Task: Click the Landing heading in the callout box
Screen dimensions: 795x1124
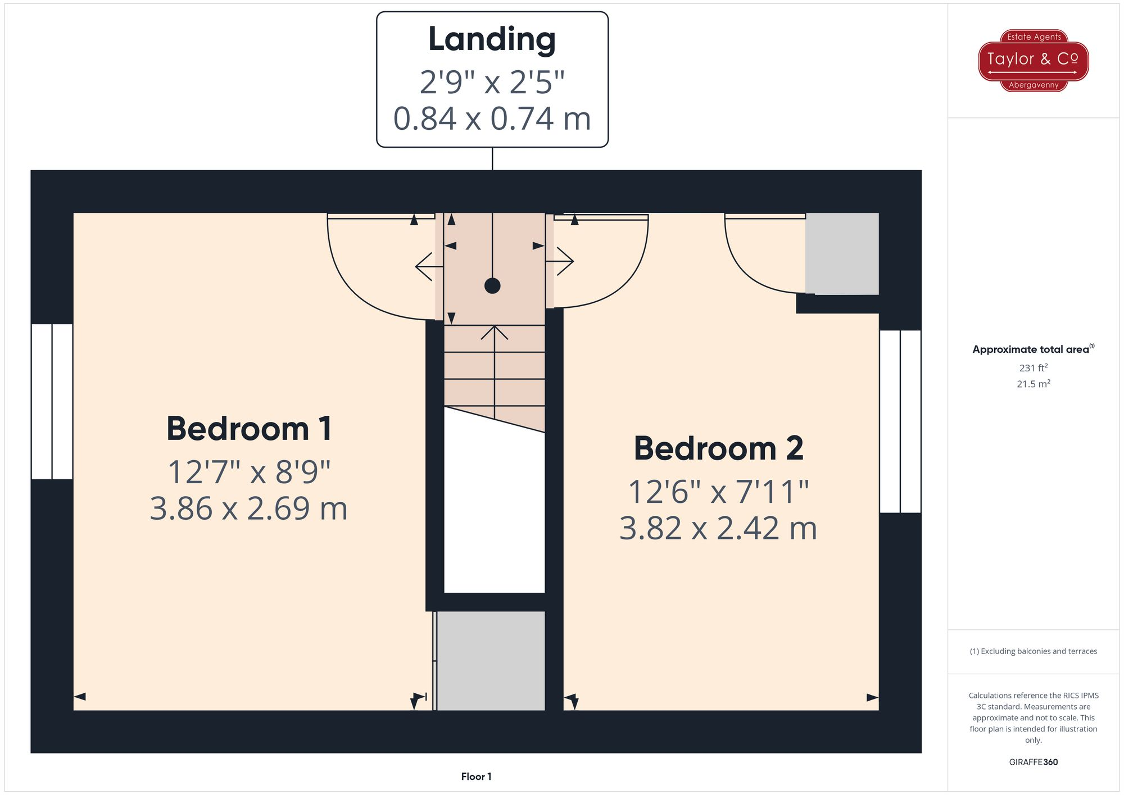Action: pyautogui.click(x=492, y=39)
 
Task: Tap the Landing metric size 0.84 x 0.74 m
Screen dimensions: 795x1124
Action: pyautogui.click(x=492, y=119)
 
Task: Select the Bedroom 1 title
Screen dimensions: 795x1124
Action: pyautogui.click(x=249, y=429)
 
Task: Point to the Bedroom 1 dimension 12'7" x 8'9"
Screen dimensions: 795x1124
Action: pyautogui.click(x=249, y=472)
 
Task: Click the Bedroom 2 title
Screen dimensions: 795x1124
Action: pyautogui.click(x=718, y=449)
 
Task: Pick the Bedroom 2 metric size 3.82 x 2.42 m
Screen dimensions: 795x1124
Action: pyautogui.click(x=718, y=529)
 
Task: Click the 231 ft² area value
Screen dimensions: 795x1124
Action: pyautogui.click(x=1033, y=368)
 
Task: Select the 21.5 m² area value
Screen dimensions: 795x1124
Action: pyautogui.click(x=1033, y=384)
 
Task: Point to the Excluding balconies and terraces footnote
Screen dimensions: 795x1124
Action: pyautogui.click(x=1033, y=651)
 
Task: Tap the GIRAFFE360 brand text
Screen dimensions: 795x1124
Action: pyautogui.click(x=1033, y=762)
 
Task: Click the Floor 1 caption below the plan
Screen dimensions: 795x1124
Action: pyautogui.click(x=476, y=776)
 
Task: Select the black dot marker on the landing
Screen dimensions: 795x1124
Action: pyautogui.click(x=492, y=286)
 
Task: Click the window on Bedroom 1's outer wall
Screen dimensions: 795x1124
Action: pyautogui.click(x=52, y=402)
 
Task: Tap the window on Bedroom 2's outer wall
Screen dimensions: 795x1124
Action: pyautogui.click(x=900, y=421)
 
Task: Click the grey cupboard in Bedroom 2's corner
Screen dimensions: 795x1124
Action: pyautogui.click(x=841, y=253)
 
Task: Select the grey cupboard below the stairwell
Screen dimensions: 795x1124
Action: pyautogui.click(x=491, y=661)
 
